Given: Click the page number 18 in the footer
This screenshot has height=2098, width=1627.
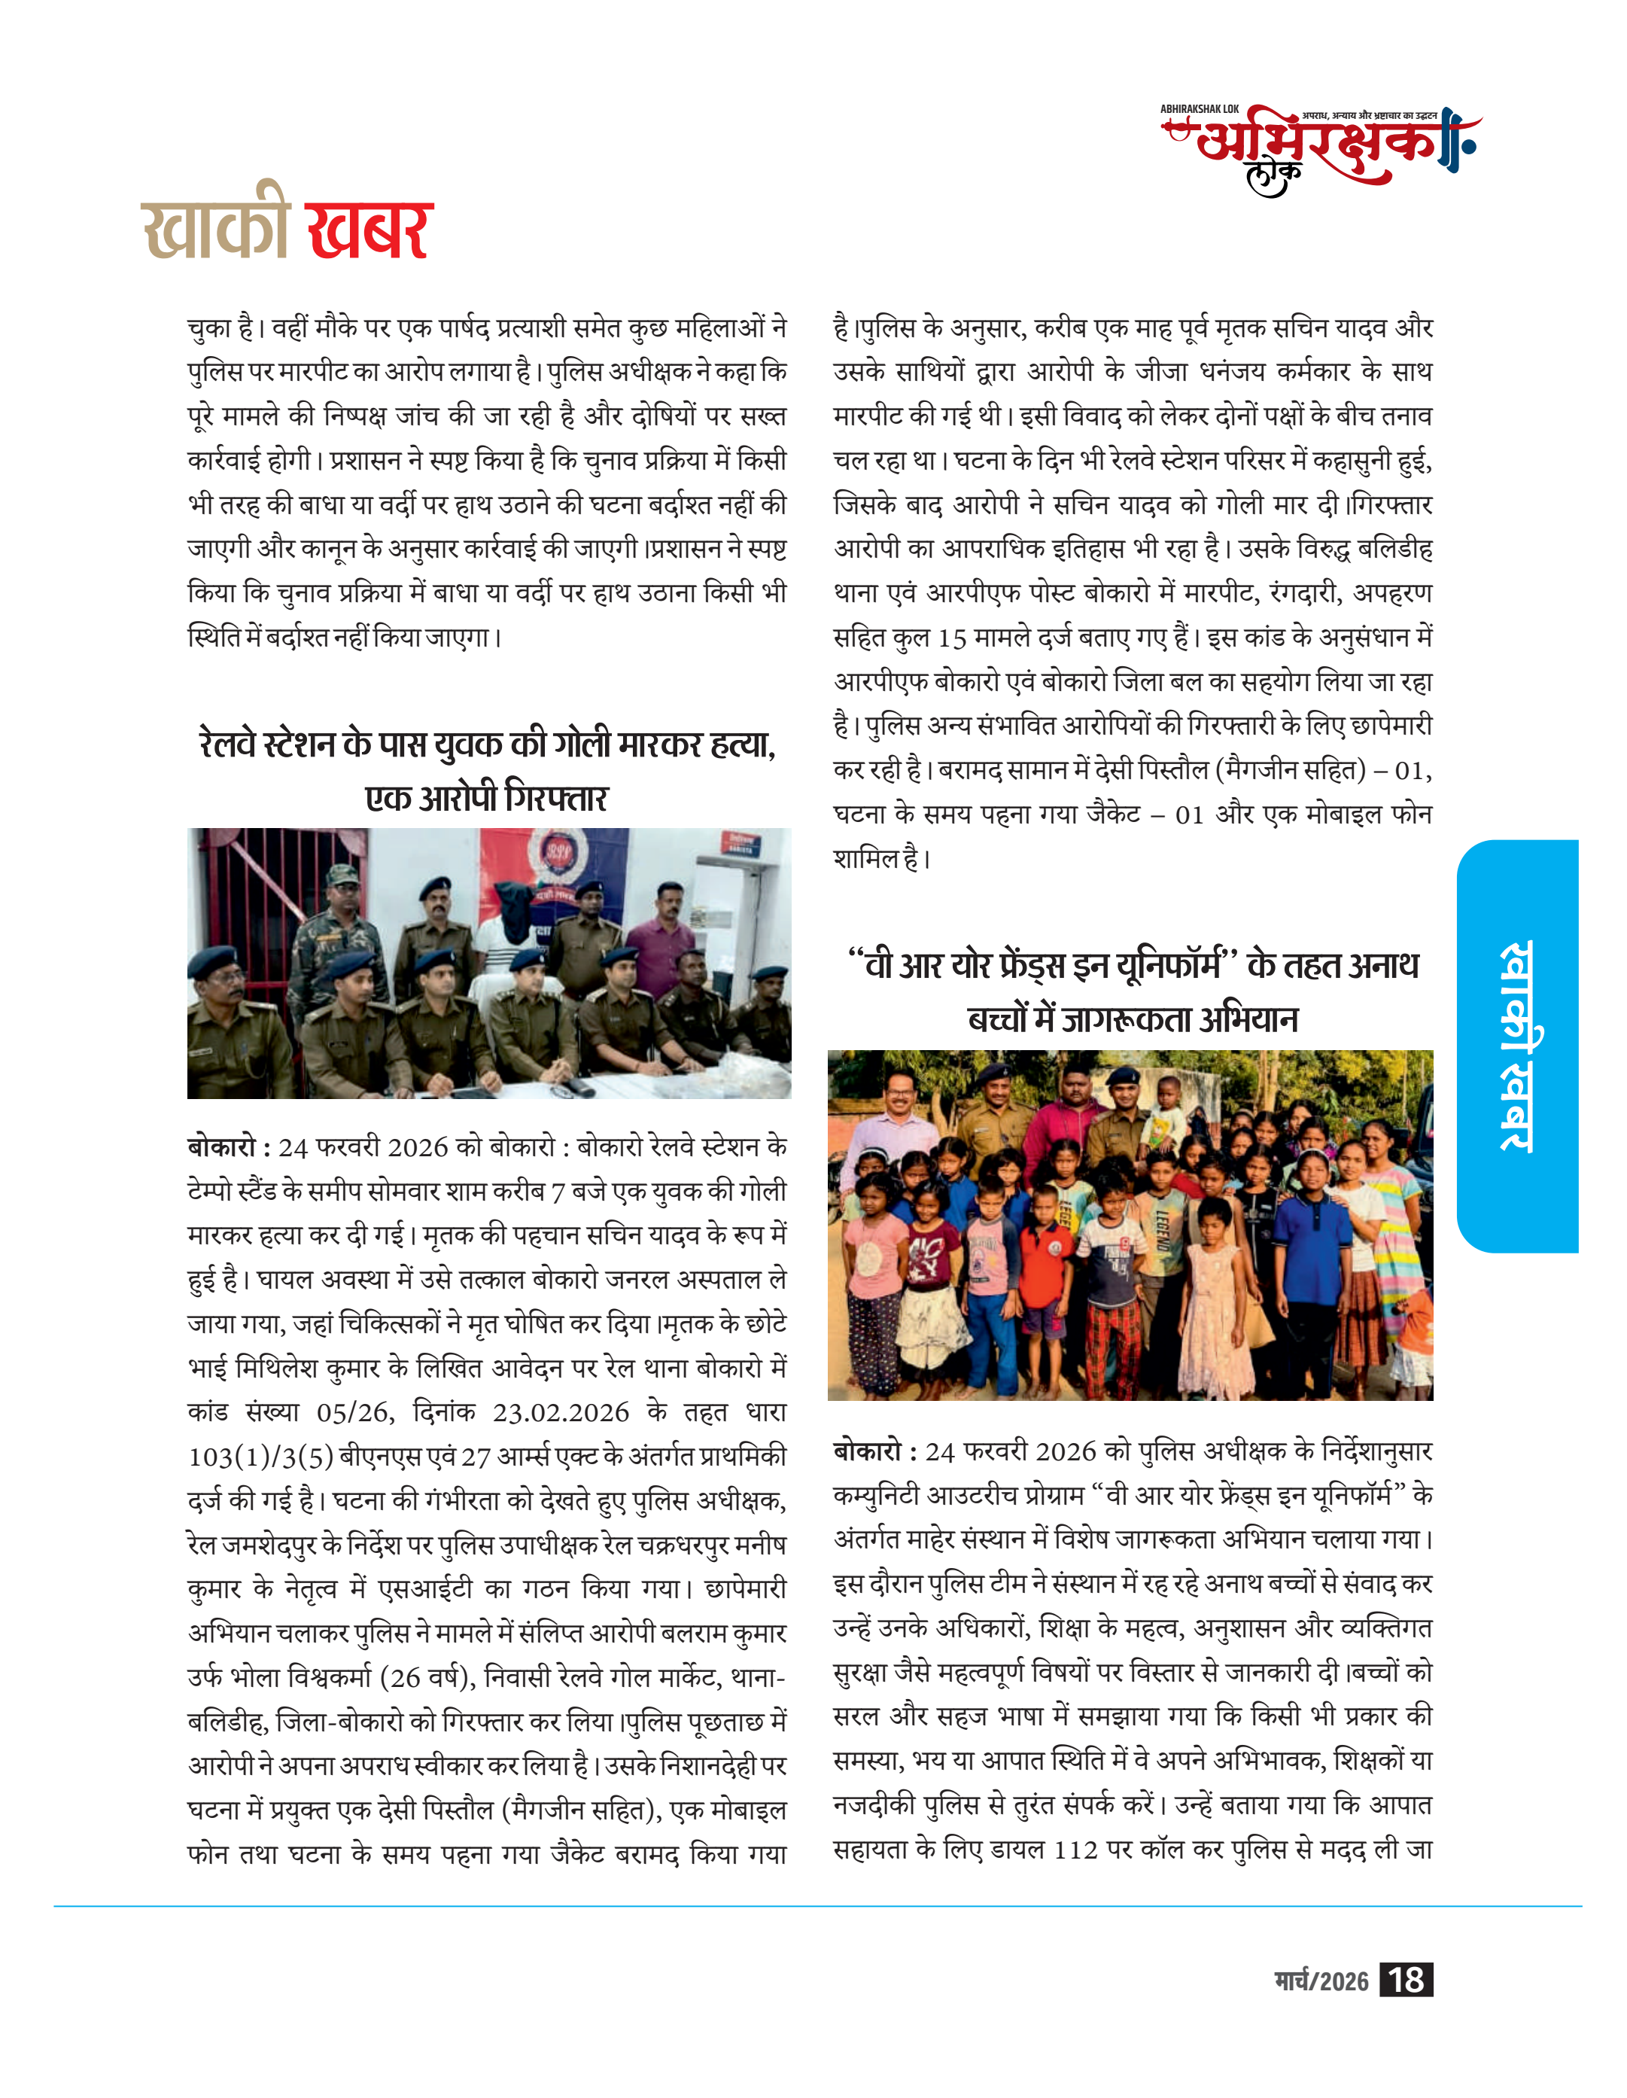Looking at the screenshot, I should pos(1405,1980).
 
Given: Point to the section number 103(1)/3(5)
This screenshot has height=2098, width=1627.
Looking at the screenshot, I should pos(260,1457).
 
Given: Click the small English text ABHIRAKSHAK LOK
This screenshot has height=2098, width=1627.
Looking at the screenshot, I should pos(1200,109).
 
